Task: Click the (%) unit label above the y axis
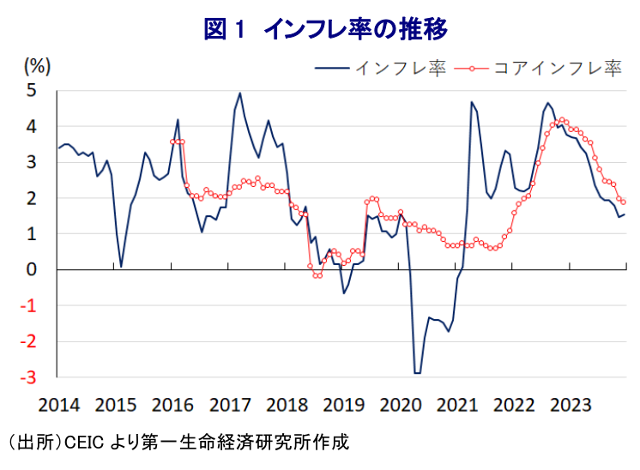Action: coord(38,66)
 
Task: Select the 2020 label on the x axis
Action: coord(400,404)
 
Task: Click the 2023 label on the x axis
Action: coord(570,404)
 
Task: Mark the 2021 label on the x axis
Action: coord(457,404)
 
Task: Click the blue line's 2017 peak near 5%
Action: coord(239,93)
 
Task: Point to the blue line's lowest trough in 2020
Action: coord(418,373)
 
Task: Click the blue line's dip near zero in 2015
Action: coord(121,267)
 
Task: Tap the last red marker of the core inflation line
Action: coord(623,202)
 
